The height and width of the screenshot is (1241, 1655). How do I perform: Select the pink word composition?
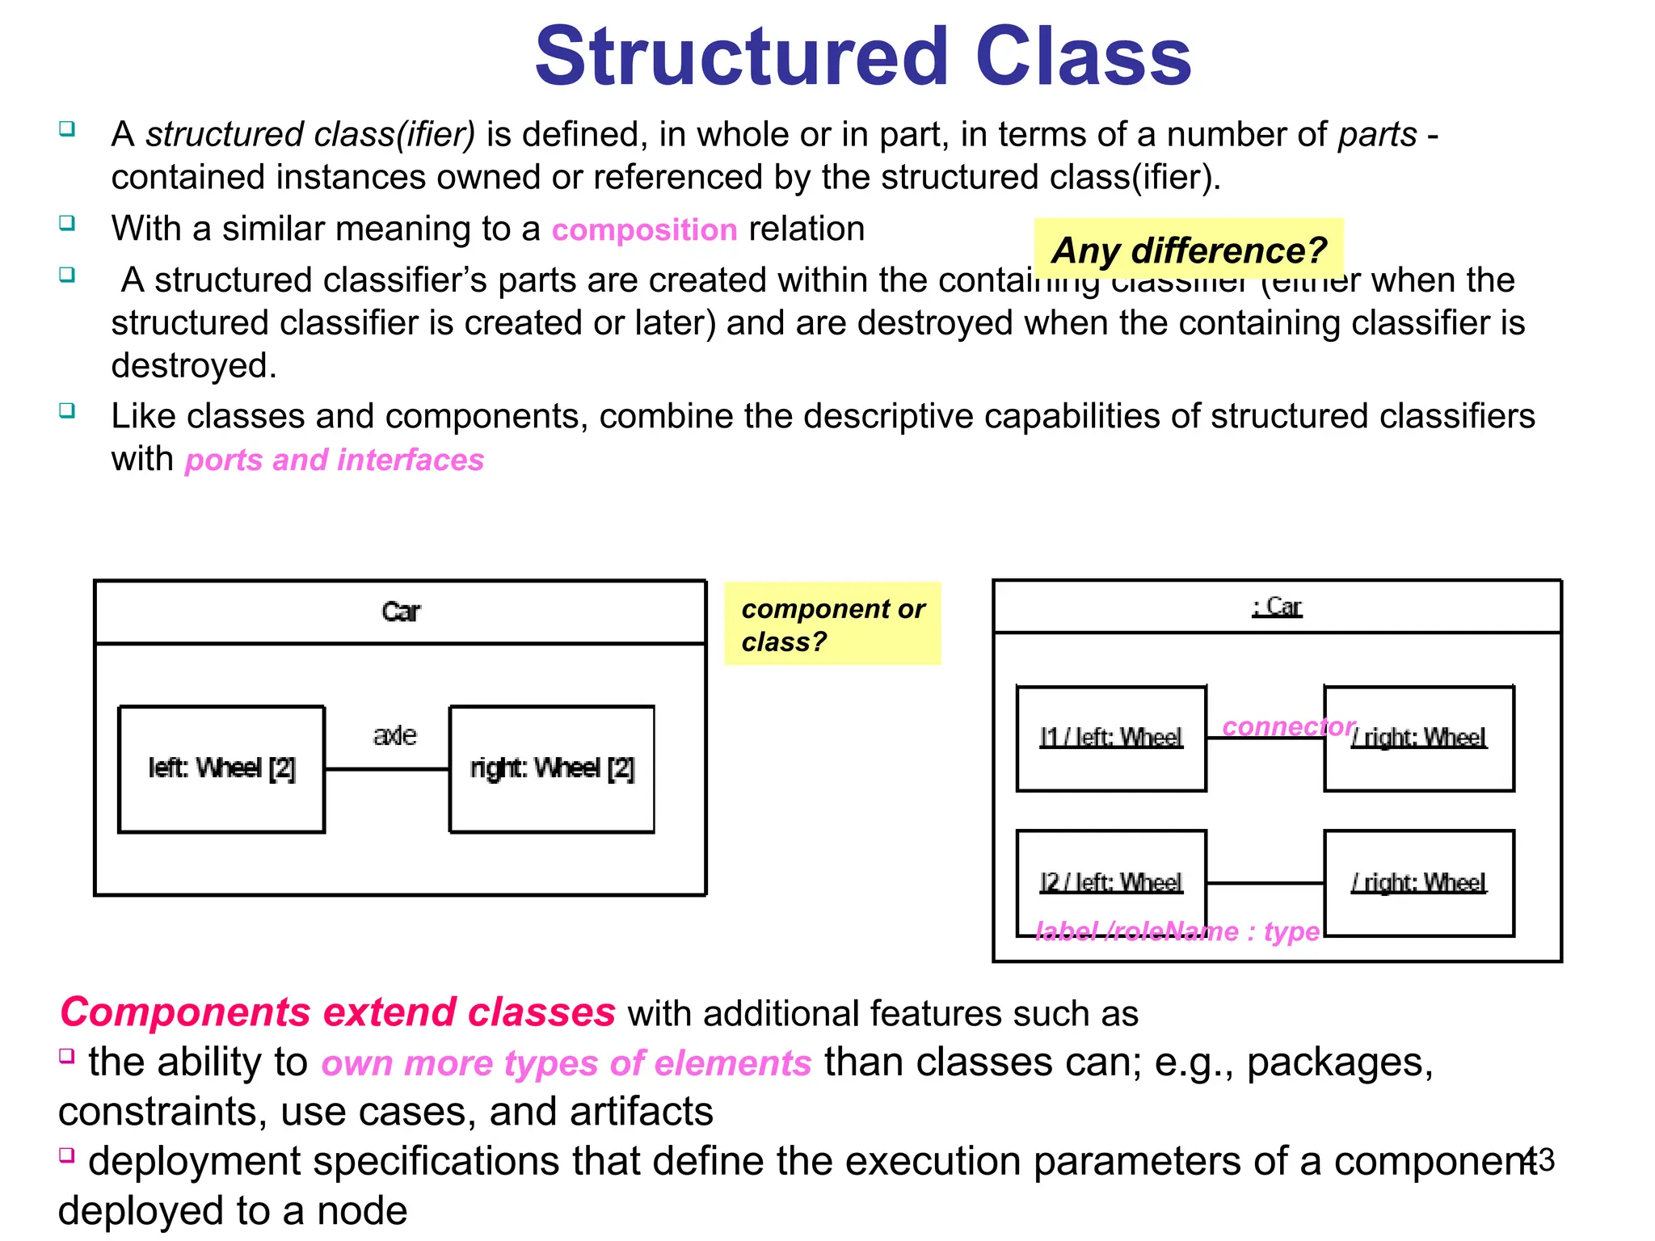[x=644, y=230]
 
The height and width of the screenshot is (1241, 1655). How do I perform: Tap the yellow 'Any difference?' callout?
[x=1188, y=250]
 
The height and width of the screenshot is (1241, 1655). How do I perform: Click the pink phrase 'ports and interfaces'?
[x=334, y=460]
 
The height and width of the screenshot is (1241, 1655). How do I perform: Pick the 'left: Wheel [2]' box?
[x=221, y=768]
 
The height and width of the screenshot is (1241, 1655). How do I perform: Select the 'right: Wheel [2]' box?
[x=552, y=768]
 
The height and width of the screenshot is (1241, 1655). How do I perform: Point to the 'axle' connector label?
[x=394, y=735]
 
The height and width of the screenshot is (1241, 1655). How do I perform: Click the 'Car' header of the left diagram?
[x=401, y=612]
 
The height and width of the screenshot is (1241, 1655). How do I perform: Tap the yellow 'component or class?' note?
[x=832, y=624]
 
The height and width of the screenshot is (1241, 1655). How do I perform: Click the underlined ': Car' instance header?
[x=1277, y=607]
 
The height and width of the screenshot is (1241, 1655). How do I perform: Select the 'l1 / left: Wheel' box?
[x=1111, y=738]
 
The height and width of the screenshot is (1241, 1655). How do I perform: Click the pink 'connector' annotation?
[x=1288, y=726]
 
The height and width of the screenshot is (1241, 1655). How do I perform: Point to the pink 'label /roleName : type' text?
[x=1177, y=932]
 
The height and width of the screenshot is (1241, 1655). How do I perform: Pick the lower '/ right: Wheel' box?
[x=1419, y=883]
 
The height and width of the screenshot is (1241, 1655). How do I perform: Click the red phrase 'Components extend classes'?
[x=338, y=1012]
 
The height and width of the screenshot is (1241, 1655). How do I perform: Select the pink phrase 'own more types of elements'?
[x=566, y=1063]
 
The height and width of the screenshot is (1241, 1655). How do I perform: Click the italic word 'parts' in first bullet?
[x=1377, y=135]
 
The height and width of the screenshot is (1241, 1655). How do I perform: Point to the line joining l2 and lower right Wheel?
[x=1265, y=883]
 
